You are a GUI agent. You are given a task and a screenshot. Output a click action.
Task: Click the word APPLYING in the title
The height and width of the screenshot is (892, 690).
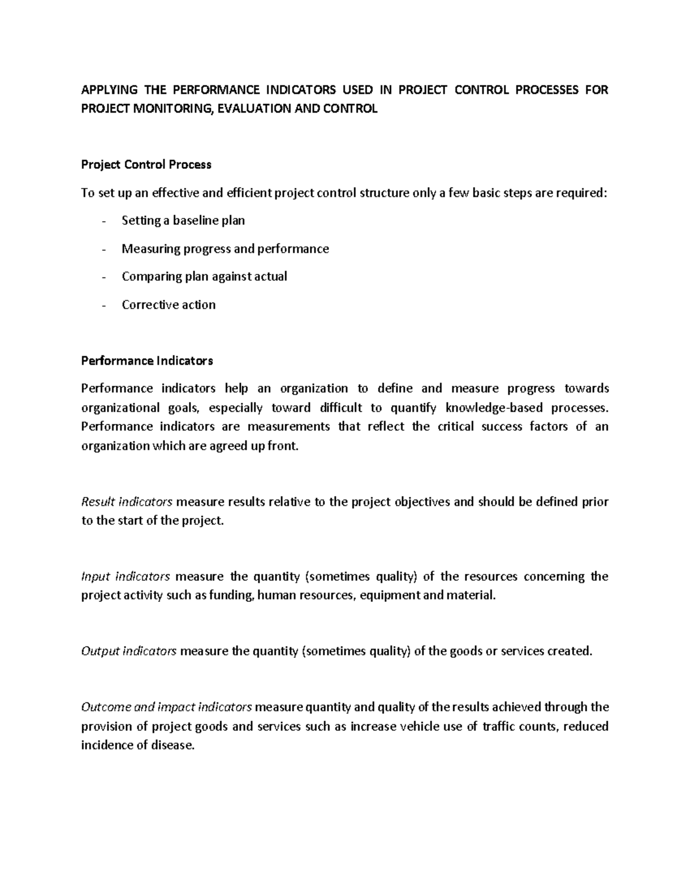[109, 90]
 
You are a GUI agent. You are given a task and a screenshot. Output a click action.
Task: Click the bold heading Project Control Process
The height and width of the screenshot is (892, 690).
[146, 165]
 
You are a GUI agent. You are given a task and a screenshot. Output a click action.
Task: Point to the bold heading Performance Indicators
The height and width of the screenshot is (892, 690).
[147, 361]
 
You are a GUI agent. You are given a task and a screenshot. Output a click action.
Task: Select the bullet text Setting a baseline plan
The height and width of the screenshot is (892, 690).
[183, 221]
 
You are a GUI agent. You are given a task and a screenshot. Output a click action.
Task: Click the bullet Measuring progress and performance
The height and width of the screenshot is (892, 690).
[225, 249]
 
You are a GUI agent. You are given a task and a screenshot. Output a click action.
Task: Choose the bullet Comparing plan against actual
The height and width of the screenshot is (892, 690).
[204, 276]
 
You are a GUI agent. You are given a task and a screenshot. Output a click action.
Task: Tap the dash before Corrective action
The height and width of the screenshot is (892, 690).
[103, 305]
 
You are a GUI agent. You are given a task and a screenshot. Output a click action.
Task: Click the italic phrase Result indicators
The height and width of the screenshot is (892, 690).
[126, 502]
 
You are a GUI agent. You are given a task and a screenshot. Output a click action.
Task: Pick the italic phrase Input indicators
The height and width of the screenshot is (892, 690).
[125, 576]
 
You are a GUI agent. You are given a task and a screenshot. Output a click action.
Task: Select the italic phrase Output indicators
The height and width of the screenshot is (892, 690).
[129, 651]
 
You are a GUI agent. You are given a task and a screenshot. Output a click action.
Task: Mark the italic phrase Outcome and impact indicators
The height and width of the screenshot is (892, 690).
[166, 707]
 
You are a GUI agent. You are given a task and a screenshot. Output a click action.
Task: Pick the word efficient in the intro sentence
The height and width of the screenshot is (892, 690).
[250, 193]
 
